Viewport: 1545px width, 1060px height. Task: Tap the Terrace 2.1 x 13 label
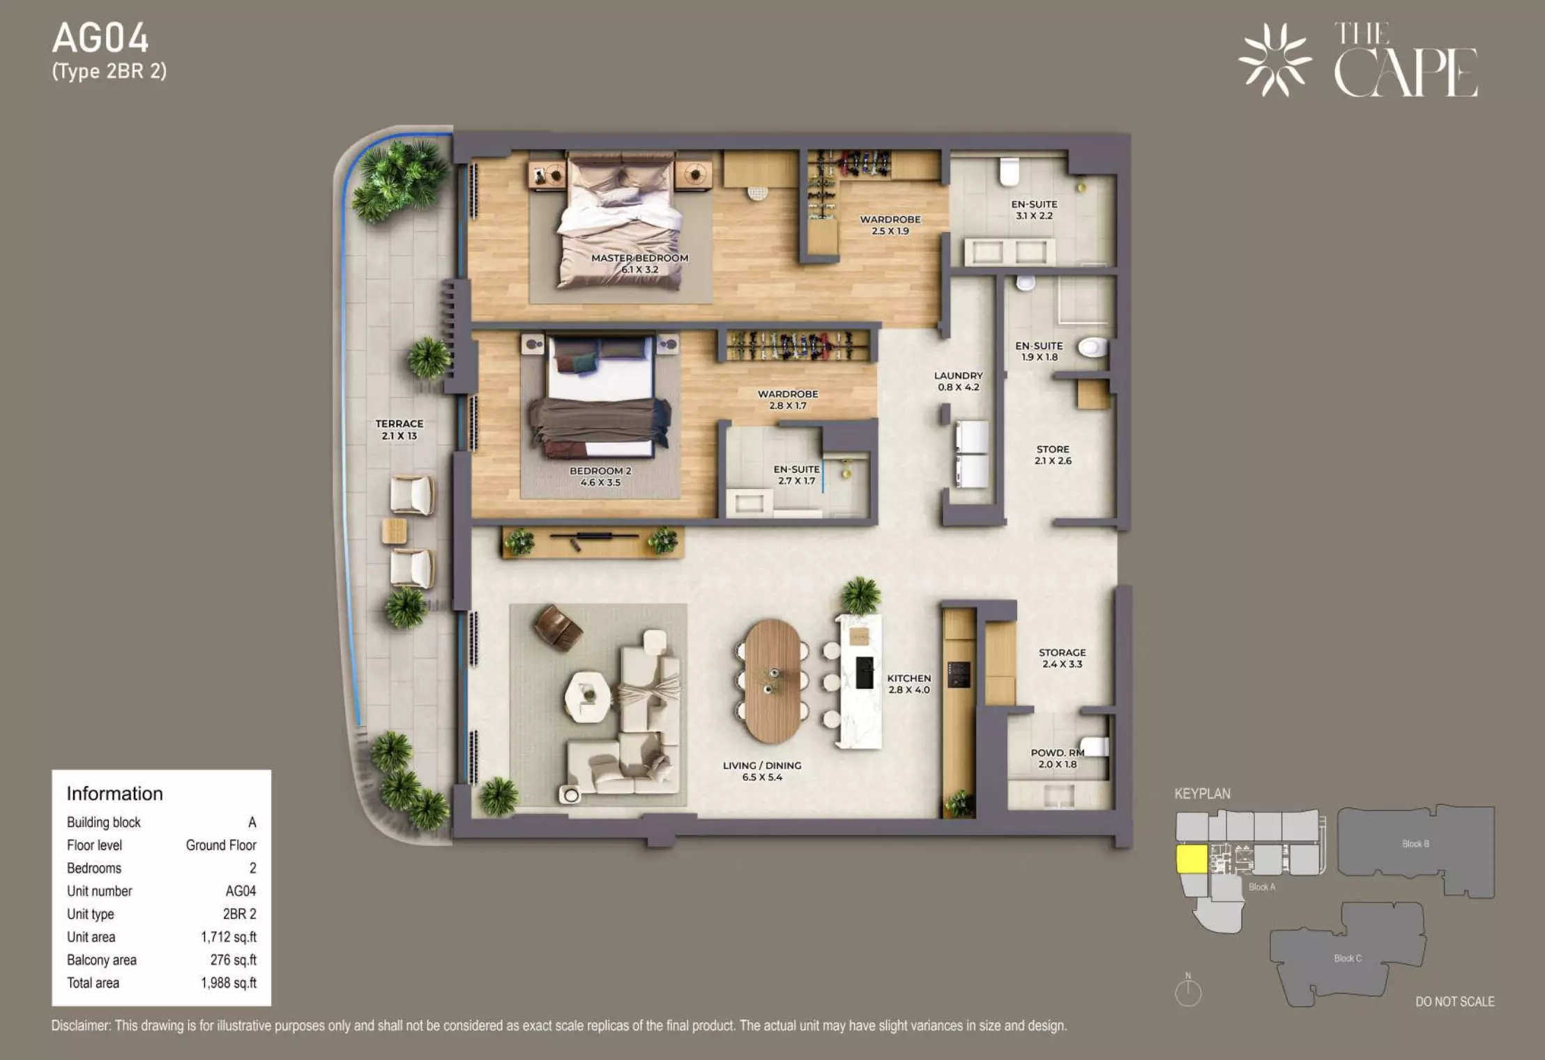pyautogui.click(x=399, y=430)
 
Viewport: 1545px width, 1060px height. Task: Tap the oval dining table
pyautogui.click(x=772, y=681)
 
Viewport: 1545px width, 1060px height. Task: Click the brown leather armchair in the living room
pyautogui.click(x=558, y=628)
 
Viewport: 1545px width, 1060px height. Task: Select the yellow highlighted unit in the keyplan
pyautogui.click(x=1192, y=858)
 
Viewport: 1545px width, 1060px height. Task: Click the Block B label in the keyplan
pyautogui.click(x=1415, y=844)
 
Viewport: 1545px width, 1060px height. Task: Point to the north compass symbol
pyautogui.click(x=1188, y=990)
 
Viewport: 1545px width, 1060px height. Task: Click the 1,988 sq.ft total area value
pyautogui.click(x=229, y=983)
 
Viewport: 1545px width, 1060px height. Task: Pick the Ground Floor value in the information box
pyautogui.click(x=221, y=845)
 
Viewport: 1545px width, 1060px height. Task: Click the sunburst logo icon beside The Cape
pyautogui.click(x=1275, y=60)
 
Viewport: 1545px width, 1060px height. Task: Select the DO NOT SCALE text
pyautogui.click(x=1455, y=1001)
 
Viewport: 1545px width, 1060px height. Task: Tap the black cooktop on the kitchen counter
pyautogui.click(x=959, y=674)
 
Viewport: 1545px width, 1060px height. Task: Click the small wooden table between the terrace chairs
pyautogui.click(x=395, y=531)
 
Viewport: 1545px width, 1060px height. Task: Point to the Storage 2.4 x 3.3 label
pyautogui.click(x=1062, y=658)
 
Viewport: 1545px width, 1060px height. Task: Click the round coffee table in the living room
pyautogui.click(x=587, y=696)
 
